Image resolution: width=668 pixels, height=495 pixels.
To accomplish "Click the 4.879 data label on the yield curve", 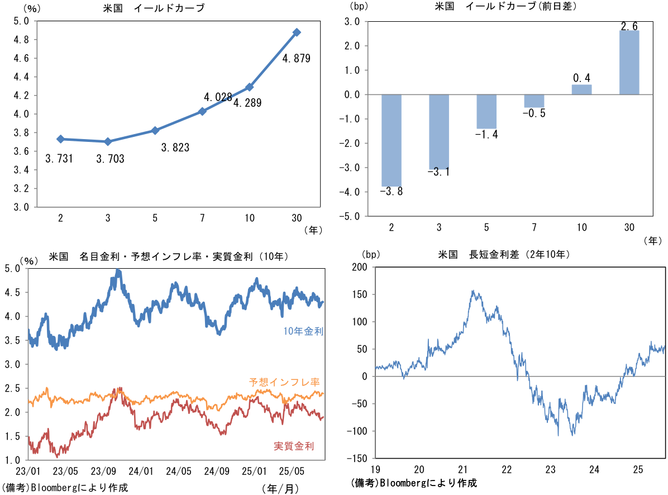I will pyautogui.click(x=296, y=58).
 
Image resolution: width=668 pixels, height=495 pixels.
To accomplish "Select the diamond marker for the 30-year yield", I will pyautogui.click(x=297, y=32).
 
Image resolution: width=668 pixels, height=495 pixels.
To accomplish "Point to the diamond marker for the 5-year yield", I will pyautogui.click(x=155, y=131).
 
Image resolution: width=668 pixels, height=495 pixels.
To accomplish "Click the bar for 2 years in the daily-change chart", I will pyautogui.click(x=391, y=140).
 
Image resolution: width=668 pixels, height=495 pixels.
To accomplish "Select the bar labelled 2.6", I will pyautogui.click(x=629, y=63).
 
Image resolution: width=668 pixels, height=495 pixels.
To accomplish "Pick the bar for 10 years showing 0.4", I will pyautogui.click(x=582, y=89).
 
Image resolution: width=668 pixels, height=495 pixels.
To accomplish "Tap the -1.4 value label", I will pyautogui.click(x=486, y=135).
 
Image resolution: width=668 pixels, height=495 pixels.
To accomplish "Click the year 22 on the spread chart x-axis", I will pyautogui.click(x=507, y=468).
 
